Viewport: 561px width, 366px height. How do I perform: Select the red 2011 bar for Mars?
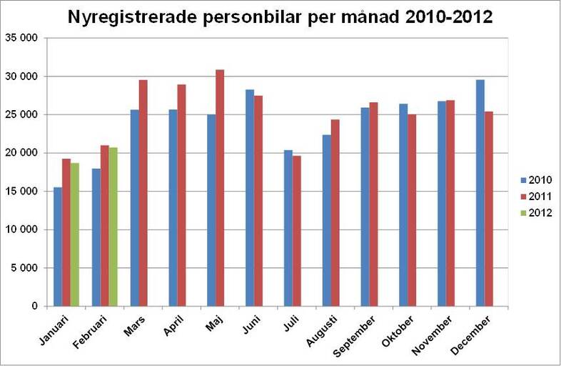tap(143, 193)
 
